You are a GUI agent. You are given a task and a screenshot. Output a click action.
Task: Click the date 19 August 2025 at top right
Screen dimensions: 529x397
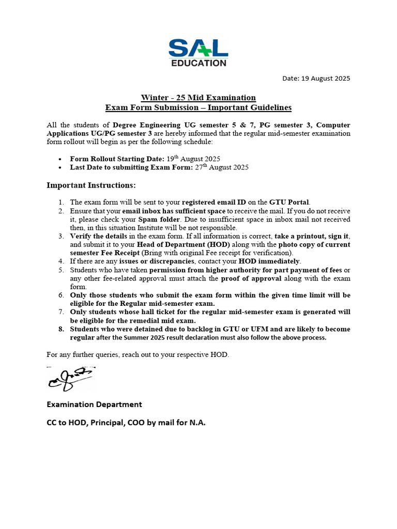pyautogui.click(x=316, y=79)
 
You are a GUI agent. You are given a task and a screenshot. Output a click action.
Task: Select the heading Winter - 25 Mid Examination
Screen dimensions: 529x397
pyautogui.click(x=198, y=98)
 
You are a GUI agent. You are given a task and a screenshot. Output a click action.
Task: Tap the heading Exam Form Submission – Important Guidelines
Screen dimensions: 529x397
pyautogui.click(x=198, y=107)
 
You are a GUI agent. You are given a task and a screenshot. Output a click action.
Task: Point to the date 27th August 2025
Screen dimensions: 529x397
pyautogui.click(x=223, y=167)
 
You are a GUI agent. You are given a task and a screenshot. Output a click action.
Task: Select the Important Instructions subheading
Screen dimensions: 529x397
pyautogui.click(x=91, y=185)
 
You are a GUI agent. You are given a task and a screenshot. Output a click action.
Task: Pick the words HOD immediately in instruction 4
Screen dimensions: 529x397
pyautogui.click(x=269, y=261)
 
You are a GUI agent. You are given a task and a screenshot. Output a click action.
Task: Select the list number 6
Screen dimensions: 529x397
pyautogui.click(x=60, y=295)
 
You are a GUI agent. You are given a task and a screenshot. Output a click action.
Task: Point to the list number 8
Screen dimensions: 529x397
pyautogui.click(x=60, y=329)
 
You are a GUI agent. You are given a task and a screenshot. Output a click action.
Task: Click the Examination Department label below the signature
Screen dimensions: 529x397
pyautogui.click(x=94, y=404)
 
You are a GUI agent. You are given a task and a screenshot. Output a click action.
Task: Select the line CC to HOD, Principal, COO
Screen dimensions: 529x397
pyautogui.click(x=126, y=423)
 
